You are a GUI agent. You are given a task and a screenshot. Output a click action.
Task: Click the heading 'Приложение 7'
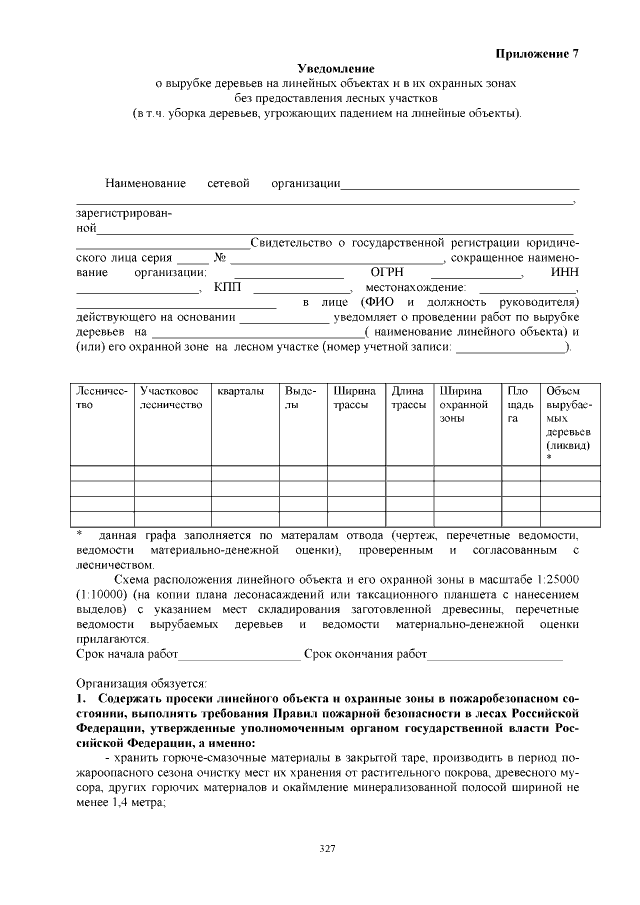point(537,53)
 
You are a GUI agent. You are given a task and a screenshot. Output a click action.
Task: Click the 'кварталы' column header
point(240,391)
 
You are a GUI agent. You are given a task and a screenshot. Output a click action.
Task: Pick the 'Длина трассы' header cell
point(408,398)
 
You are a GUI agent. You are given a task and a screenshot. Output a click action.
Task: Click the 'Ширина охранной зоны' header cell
point(462,405)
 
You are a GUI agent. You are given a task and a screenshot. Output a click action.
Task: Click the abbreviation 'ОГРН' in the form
point(387,272)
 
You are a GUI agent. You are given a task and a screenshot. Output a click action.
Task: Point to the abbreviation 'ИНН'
point(565,272)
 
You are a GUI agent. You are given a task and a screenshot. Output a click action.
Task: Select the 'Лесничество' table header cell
point(101,398)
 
